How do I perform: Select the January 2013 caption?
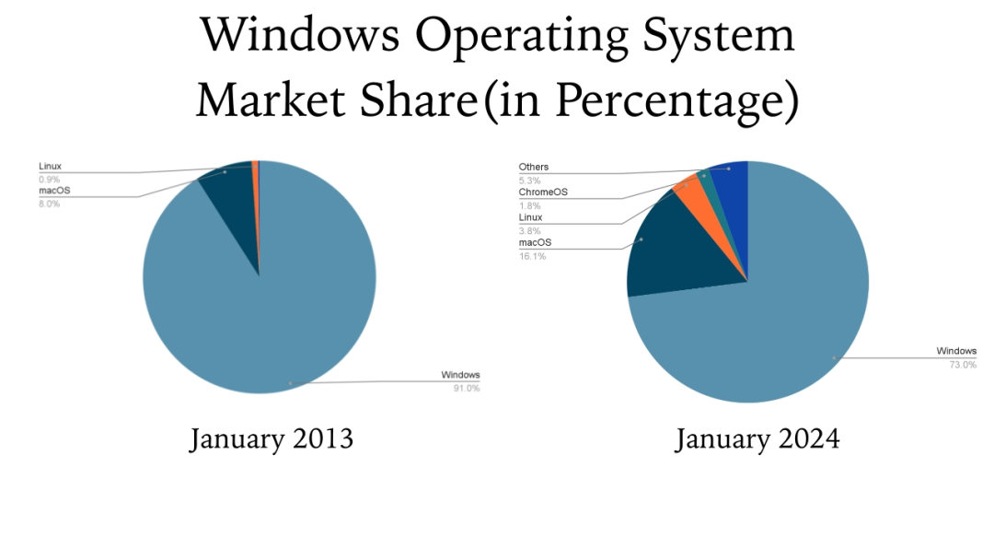272,438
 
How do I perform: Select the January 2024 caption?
757,438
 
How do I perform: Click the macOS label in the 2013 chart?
54,191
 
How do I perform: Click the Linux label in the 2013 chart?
50,167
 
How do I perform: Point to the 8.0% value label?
49,204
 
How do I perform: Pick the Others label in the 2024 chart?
533,167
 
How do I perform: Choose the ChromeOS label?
543,192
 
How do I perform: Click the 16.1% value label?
532,256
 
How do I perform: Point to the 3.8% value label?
530,230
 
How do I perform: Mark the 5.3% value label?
529,180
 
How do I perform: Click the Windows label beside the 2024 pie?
956,351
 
